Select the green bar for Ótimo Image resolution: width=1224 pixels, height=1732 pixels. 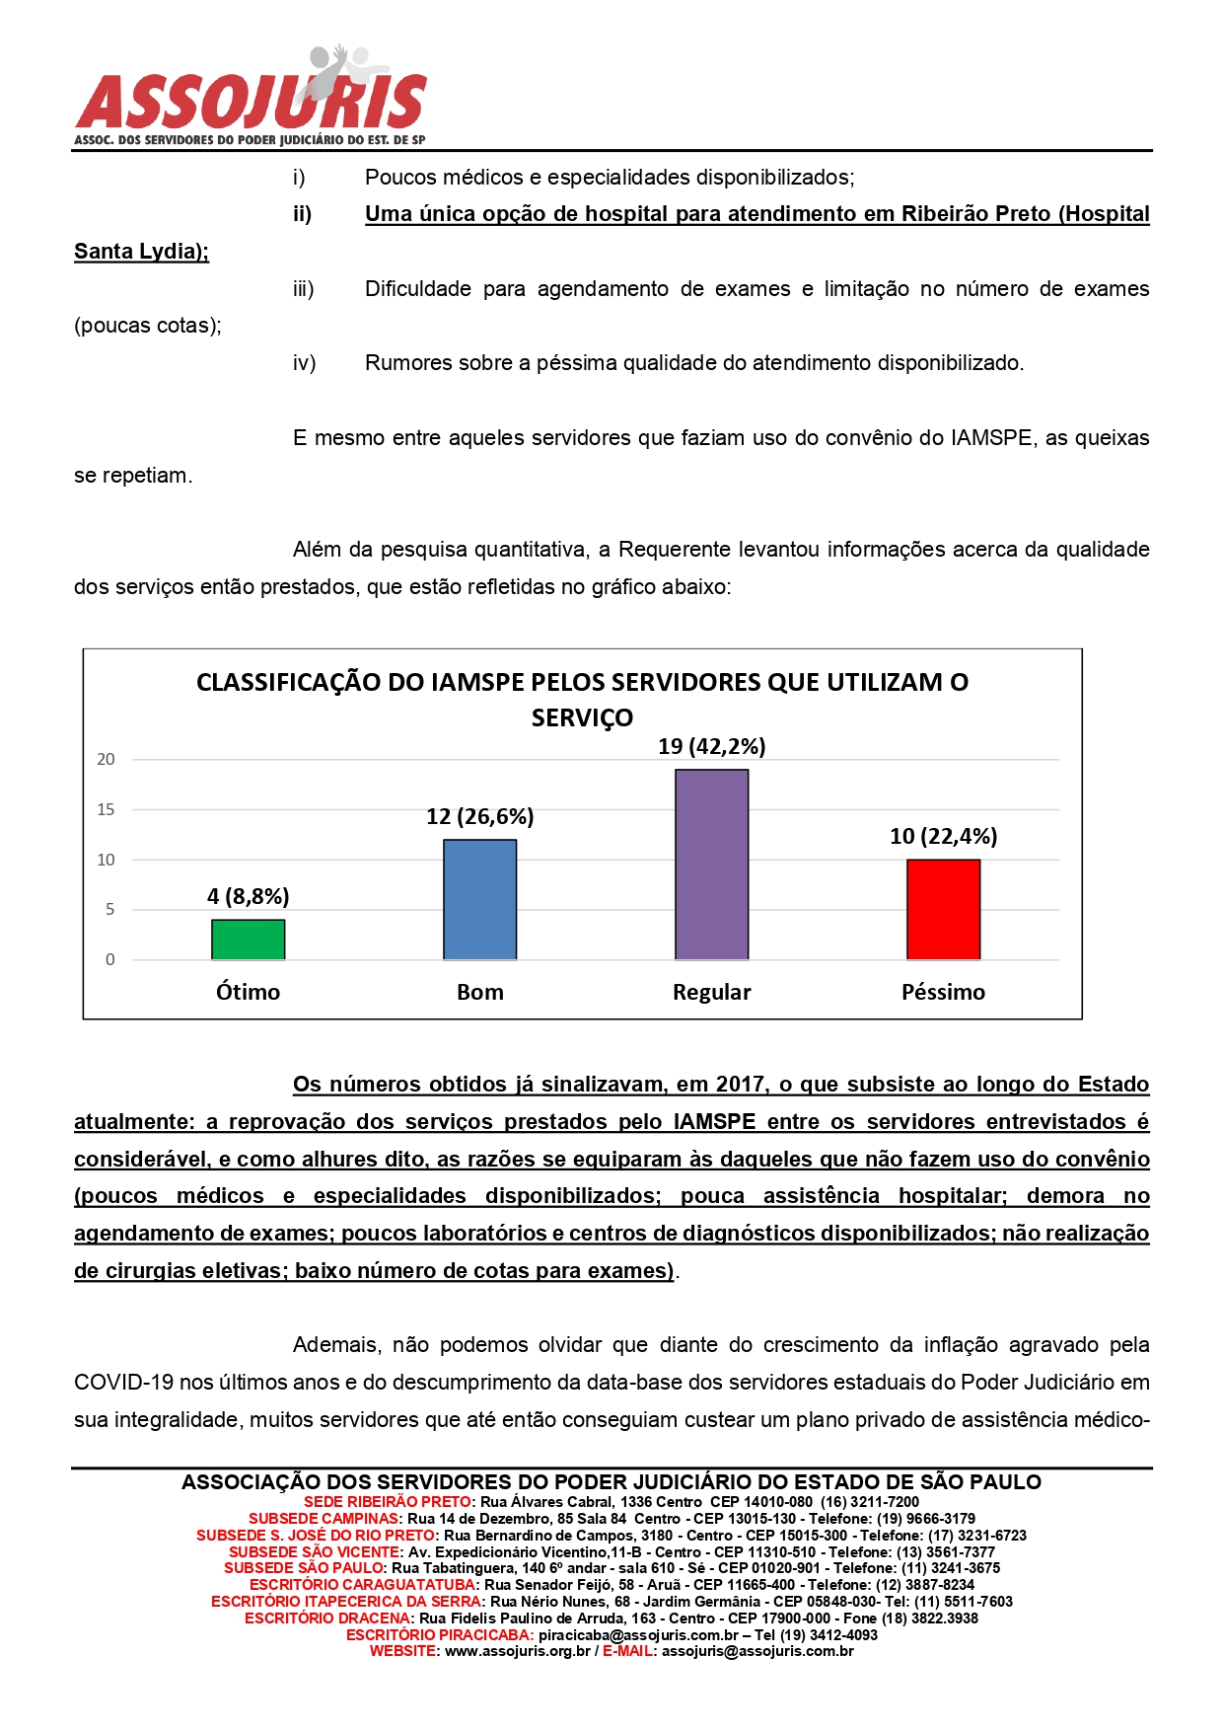point(248,939)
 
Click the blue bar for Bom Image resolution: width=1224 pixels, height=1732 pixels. point(479,899)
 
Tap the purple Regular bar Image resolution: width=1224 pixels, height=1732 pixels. point(711,864)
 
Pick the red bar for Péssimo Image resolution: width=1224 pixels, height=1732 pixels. point(943,909)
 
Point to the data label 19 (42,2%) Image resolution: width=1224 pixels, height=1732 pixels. point(711,746)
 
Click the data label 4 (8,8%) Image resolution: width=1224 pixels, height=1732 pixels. point(248,896)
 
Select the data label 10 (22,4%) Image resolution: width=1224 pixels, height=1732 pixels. point(943,836)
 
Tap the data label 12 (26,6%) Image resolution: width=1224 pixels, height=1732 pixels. point(479,816)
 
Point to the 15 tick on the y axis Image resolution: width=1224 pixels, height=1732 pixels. point(106,809)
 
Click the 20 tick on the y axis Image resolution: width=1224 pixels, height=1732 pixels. point(106,759)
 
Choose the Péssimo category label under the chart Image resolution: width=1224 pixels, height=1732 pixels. point(943,992)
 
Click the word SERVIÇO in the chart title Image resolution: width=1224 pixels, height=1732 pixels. point(582,717)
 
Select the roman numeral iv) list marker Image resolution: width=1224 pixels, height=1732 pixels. point(304,363)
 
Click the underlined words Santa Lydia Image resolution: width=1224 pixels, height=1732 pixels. point(140,252)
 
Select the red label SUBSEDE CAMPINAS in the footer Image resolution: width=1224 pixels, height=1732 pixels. point(324,1518)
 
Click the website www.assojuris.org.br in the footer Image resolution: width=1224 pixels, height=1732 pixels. point(517,1650)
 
